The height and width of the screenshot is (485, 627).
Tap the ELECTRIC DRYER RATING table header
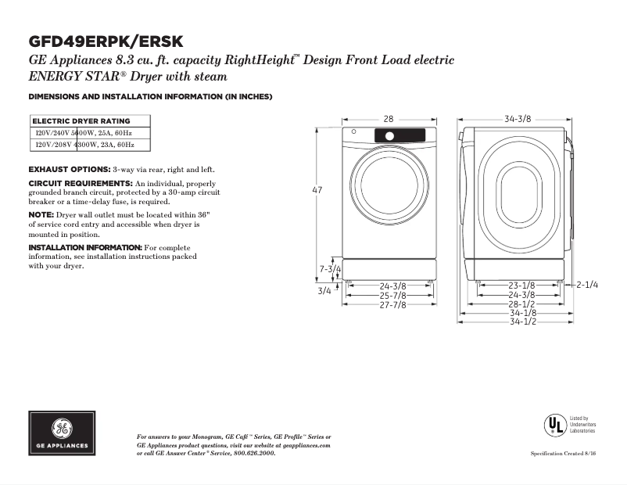(81, 121)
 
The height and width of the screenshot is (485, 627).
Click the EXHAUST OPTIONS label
(69, 170)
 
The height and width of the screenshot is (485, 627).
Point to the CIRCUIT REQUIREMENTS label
(81, 183)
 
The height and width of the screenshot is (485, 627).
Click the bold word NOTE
(41, 214)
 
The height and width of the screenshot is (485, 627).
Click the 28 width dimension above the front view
(388, 119)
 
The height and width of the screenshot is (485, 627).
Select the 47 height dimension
(317, 191)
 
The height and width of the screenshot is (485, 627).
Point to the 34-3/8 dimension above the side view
(518, 119)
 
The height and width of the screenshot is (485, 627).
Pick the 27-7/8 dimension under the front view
(392, 305)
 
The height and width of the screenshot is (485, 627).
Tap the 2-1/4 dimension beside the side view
(586, 286)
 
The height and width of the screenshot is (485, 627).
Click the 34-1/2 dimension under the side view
(522, 322)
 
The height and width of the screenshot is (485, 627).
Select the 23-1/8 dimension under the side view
(522, 286)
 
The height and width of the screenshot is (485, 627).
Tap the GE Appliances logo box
(63, 433)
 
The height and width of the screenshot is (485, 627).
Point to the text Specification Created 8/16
(563, 454)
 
